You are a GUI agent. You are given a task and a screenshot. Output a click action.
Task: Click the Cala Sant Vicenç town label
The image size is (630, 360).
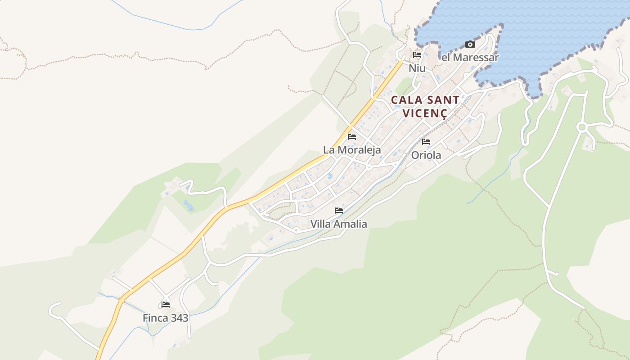point(425,106)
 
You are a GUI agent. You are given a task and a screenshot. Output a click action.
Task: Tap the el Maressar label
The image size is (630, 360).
point(470,58)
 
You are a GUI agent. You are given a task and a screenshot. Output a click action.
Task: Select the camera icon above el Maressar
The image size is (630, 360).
point(470,44)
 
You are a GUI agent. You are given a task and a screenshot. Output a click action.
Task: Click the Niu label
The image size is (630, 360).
point(417,68)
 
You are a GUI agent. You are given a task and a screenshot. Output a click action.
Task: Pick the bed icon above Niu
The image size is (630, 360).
point(417,55)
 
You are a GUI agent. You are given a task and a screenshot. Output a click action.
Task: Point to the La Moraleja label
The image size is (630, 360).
point(352,150)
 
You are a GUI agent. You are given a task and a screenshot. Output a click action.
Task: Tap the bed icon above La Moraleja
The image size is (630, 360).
point(352,137)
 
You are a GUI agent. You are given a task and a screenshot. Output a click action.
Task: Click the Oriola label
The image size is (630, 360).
point(426,155)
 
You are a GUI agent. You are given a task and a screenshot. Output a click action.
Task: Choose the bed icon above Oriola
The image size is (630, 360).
point(426,142)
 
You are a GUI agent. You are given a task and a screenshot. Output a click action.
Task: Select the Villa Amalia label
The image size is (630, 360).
point(338,224)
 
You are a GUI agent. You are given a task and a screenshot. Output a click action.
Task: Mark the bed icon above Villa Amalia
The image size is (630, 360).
point(338,211)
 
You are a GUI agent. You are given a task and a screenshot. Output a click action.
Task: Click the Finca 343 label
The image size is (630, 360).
point(165,318)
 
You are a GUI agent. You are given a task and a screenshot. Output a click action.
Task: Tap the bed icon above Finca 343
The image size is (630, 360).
point(165,305)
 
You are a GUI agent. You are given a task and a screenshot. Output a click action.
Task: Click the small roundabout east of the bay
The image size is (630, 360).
point(582,127)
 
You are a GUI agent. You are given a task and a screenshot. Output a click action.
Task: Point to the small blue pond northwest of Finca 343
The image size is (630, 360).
point(188,206)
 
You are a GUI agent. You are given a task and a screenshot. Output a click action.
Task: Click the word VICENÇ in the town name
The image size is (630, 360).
point(425,113)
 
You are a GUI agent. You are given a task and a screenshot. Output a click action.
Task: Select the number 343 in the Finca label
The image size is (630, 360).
point(178,318)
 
